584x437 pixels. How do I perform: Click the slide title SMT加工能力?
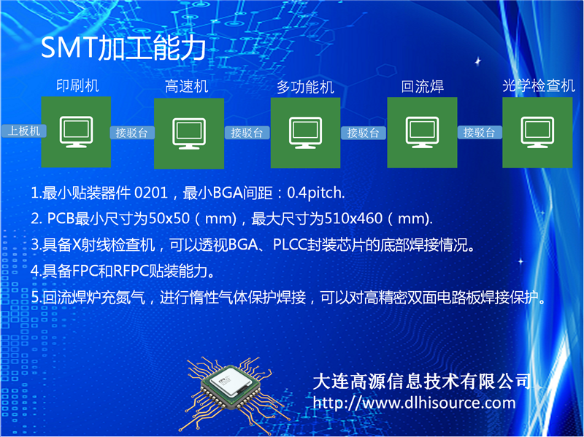123,48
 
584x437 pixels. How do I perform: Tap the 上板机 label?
24,131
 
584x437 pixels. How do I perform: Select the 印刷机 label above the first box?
77,85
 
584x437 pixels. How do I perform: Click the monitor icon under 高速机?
189,134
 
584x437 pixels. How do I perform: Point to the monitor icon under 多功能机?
305,133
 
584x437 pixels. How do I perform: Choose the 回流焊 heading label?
423,86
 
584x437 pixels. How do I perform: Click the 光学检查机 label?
539,85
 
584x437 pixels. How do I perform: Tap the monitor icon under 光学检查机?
537,133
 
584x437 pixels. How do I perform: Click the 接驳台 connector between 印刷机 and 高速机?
132,133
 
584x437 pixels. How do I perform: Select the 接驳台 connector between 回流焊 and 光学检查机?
480,132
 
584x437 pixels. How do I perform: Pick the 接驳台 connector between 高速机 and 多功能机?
247,133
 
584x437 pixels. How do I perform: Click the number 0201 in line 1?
151,193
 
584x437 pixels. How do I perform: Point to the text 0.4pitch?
316,193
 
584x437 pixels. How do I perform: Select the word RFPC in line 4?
130,271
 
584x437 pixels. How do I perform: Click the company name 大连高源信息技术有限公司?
423,381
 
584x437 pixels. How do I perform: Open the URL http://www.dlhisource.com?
414,403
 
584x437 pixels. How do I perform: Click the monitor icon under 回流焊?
422,133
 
